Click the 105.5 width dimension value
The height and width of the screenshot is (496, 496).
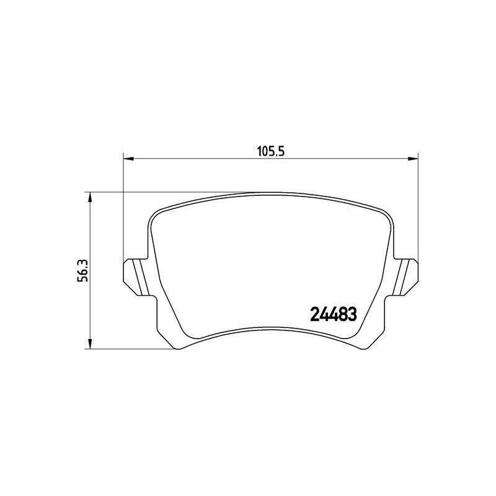pos(271,152)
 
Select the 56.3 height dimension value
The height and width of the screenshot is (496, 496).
pos(83,270)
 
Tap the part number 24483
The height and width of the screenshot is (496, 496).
pos(334,314)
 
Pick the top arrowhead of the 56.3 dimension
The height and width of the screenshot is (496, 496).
pos(90,198)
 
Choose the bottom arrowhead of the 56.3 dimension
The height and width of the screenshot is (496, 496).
pos(90,343)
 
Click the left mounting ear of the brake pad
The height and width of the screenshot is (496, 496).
pos(135,277)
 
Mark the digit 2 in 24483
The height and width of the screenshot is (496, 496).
pos(315,314)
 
